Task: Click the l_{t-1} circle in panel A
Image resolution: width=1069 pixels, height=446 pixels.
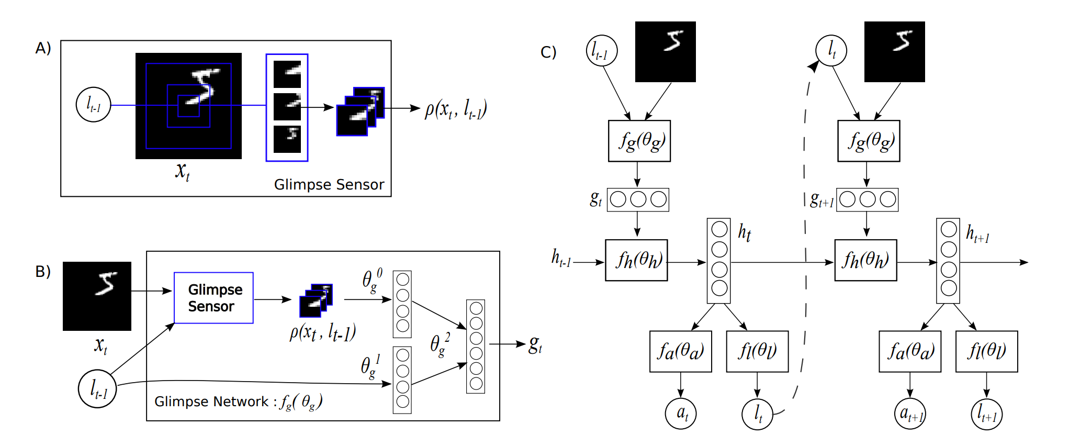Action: (94, 105)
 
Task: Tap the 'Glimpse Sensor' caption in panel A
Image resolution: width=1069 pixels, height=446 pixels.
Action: (329, 184)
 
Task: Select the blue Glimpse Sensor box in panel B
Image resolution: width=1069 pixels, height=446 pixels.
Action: (213, 298)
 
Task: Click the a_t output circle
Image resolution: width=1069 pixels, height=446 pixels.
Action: (681, 414)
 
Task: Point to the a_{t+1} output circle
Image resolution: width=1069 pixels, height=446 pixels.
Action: (910, 414)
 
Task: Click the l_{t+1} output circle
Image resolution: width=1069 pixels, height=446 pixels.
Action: (986, 414)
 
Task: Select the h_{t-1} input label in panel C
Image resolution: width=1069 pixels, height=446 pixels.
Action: (561, 258)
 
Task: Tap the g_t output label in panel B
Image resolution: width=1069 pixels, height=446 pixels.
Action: (535, 344)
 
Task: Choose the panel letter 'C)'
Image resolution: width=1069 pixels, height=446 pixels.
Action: (548, 52)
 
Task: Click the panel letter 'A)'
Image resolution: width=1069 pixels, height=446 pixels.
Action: (43, 48)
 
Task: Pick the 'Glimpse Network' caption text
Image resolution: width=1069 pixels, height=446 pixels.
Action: (211, 402)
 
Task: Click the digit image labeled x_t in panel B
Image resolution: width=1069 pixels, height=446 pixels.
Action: (97, 296)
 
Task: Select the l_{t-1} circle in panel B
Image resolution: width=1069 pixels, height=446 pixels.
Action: (97, 389)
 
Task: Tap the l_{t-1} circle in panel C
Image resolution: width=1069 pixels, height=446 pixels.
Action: (601, 51)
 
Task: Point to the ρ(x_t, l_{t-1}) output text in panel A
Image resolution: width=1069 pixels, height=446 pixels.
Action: (456, 109)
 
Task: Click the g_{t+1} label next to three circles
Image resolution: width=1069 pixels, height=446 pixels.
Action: (822, 199)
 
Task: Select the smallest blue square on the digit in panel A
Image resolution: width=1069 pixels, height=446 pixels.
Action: (188, 106)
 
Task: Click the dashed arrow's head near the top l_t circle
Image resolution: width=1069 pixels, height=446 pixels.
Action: (814, 66)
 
